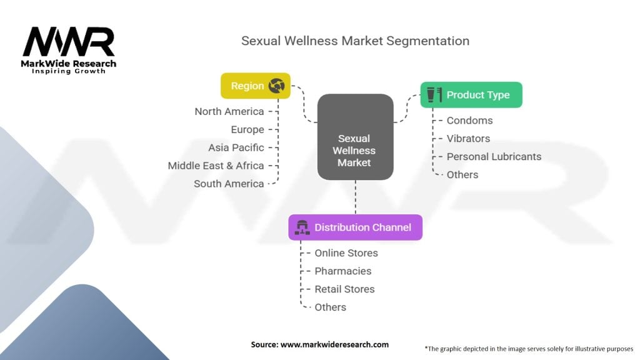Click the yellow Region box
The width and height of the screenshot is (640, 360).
(x=256, y=86)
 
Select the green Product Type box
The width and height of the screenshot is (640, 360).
(x=471, y=95)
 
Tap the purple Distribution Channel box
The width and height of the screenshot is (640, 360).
(x=356, y=227)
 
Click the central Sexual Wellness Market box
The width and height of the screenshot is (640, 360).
(x=356, y=137)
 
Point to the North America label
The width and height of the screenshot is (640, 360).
(x=229, y=111)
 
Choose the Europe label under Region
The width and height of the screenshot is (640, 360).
(x=247, y=130)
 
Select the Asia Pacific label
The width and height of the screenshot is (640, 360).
(x=236, y=147)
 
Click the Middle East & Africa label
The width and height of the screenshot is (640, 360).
(x=216, y=166)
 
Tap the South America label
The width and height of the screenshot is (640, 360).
(x=229, y=184)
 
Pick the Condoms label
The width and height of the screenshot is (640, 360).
(x=469, y=121)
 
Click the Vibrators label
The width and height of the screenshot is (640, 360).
(x=468, y=138)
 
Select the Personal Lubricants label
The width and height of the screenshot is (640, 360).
(x=494, y=156)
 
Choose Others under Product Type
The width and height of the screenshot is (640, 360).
(x=462, y=175)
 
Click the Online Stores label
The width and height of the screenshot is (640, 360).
(x=346, y=253)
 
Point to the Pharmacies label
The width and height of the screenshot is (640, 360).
(x=343, y=271)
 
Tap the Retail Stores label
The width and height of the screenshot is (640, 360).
(x=344, y=289)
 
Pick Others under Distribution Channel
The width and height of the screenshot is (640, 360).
(x=330, y=307)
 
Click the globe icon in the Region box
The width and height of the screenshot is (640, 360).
(x=277, y=86)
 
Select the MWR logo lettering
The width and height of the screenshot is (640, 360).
(x=69, y=42)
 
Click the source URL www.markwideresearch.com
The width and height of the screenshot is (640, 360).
(x=335, y=344)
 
